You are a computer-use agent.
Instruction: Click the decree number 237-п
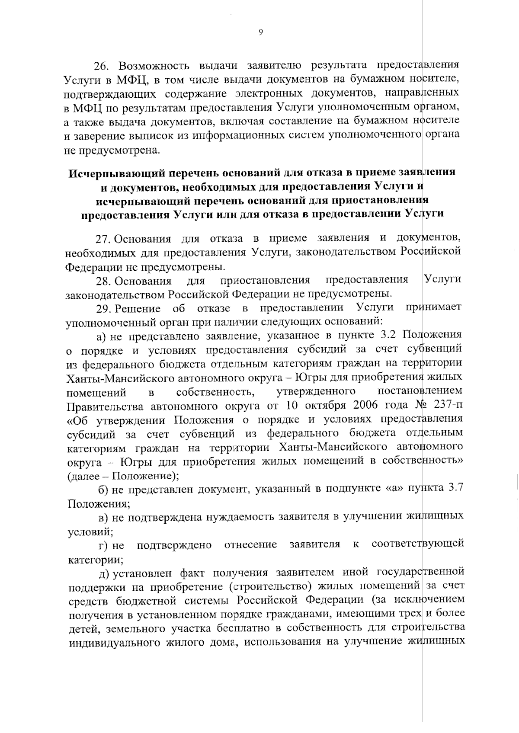coord(448,406)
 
